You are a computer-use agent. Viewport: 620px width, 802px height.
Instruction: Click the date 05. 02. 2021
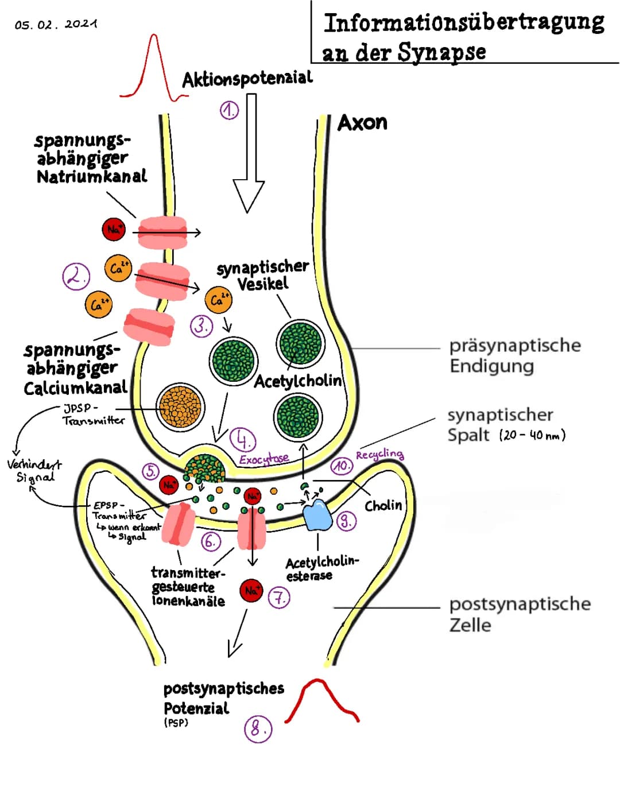[x=56, y=25]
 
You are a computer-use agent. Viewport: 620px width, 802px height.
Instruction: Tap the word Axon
[x=362, y=123]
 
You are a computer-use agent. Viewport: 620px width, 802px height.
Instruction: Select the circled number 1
[x=229, y=110]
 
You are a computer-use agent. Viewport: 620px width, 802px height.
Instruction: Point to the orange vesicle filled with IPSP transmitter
[x=180, y=408]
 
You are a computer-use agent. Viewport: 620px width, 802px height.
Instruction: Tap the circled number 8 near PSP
[x=258, y=729]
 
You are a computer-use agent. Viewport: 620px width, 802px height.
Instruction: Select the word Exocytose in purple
[x=264, y=459]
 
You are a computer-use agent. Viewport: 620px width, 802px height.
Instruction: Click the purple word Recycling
[x=379, y=455]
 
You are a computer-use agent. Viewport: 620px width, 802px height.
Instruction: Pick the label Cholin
[x=383, y=505]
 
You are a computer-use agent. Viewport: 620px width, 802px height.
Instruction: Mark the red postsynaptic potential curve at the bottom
[x=321, y=699]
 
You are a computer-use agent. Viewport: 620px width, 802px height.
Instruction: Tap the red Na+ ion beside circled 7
[x=251, y=590]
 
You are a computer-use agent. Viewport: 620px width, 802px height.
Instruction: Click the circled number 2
[x=76, y=277]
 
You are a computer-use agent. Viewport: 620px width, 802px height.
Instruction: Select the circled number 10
[x=342, y=466]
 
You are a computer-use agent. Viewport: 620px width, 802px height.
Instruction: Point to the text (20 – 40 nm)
[x=532, y=435]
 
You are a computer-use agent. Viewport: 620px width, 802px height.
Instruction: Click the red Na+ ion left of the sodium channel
[x=114, y=230]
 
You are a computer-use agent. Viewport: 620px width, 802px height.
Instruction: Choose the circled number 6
[x=211, y=541]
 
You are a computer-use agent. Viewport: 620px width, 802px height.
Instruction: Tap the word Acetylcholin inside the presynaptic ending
[x=297, y=381]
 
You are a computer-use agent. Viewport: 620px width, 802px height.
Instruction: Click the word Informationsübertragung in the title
[x=464, y=23]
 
